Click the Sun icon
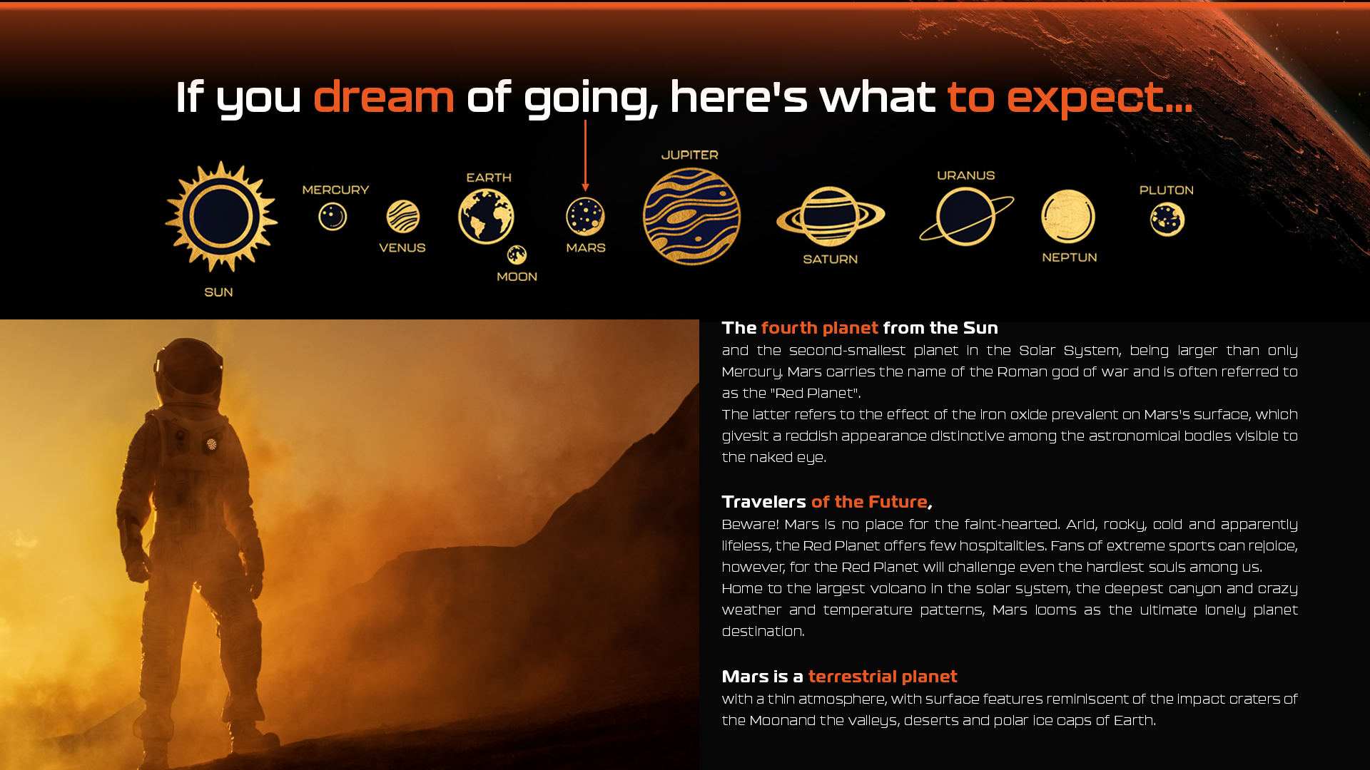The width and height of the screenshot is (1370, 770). tap(221, 217)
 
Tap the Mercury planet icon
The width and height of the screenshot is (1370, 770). tap(333, 217)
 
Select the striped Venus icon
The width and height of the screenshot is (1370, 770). tap(403, 217)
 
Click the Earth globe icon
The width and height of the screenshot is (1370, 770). tap(486, 216)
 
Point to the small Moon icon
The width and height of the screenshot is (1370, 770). tap(517, 255)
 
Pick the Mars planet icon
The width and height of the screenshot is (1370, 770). tap(585, 217)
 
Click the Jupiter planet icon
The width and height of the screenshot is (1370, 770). tap(691, 217)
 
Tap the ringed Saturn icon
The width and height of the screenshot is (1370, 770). tap(831, 217)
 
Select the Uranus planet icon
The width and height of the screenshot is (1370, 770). tap(966, 217)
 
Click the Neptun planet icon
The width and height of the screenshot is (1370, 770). tap(1068, 217)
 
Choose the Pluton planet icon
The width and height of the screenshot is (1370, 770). tap(1167, 219)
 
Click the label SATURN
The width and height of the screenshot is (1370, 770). tap(831, 260)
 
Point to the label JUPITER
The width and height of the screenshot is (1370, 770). tap(690, 155)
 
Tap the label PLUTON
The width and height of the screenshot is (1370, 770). tap(1167, 190)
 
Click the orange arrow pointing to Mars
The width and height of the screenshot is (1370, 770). tap(585, 155)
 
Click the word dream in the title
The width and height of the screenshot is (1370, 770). tap(384, 96)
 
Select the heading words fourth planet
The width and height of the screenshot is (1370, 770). tap(820, 328)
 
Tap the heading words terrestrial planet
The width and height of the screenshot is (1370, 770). tap(883, 677)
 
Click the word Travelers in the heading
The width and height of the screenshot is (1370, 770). tap(763, 502)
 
